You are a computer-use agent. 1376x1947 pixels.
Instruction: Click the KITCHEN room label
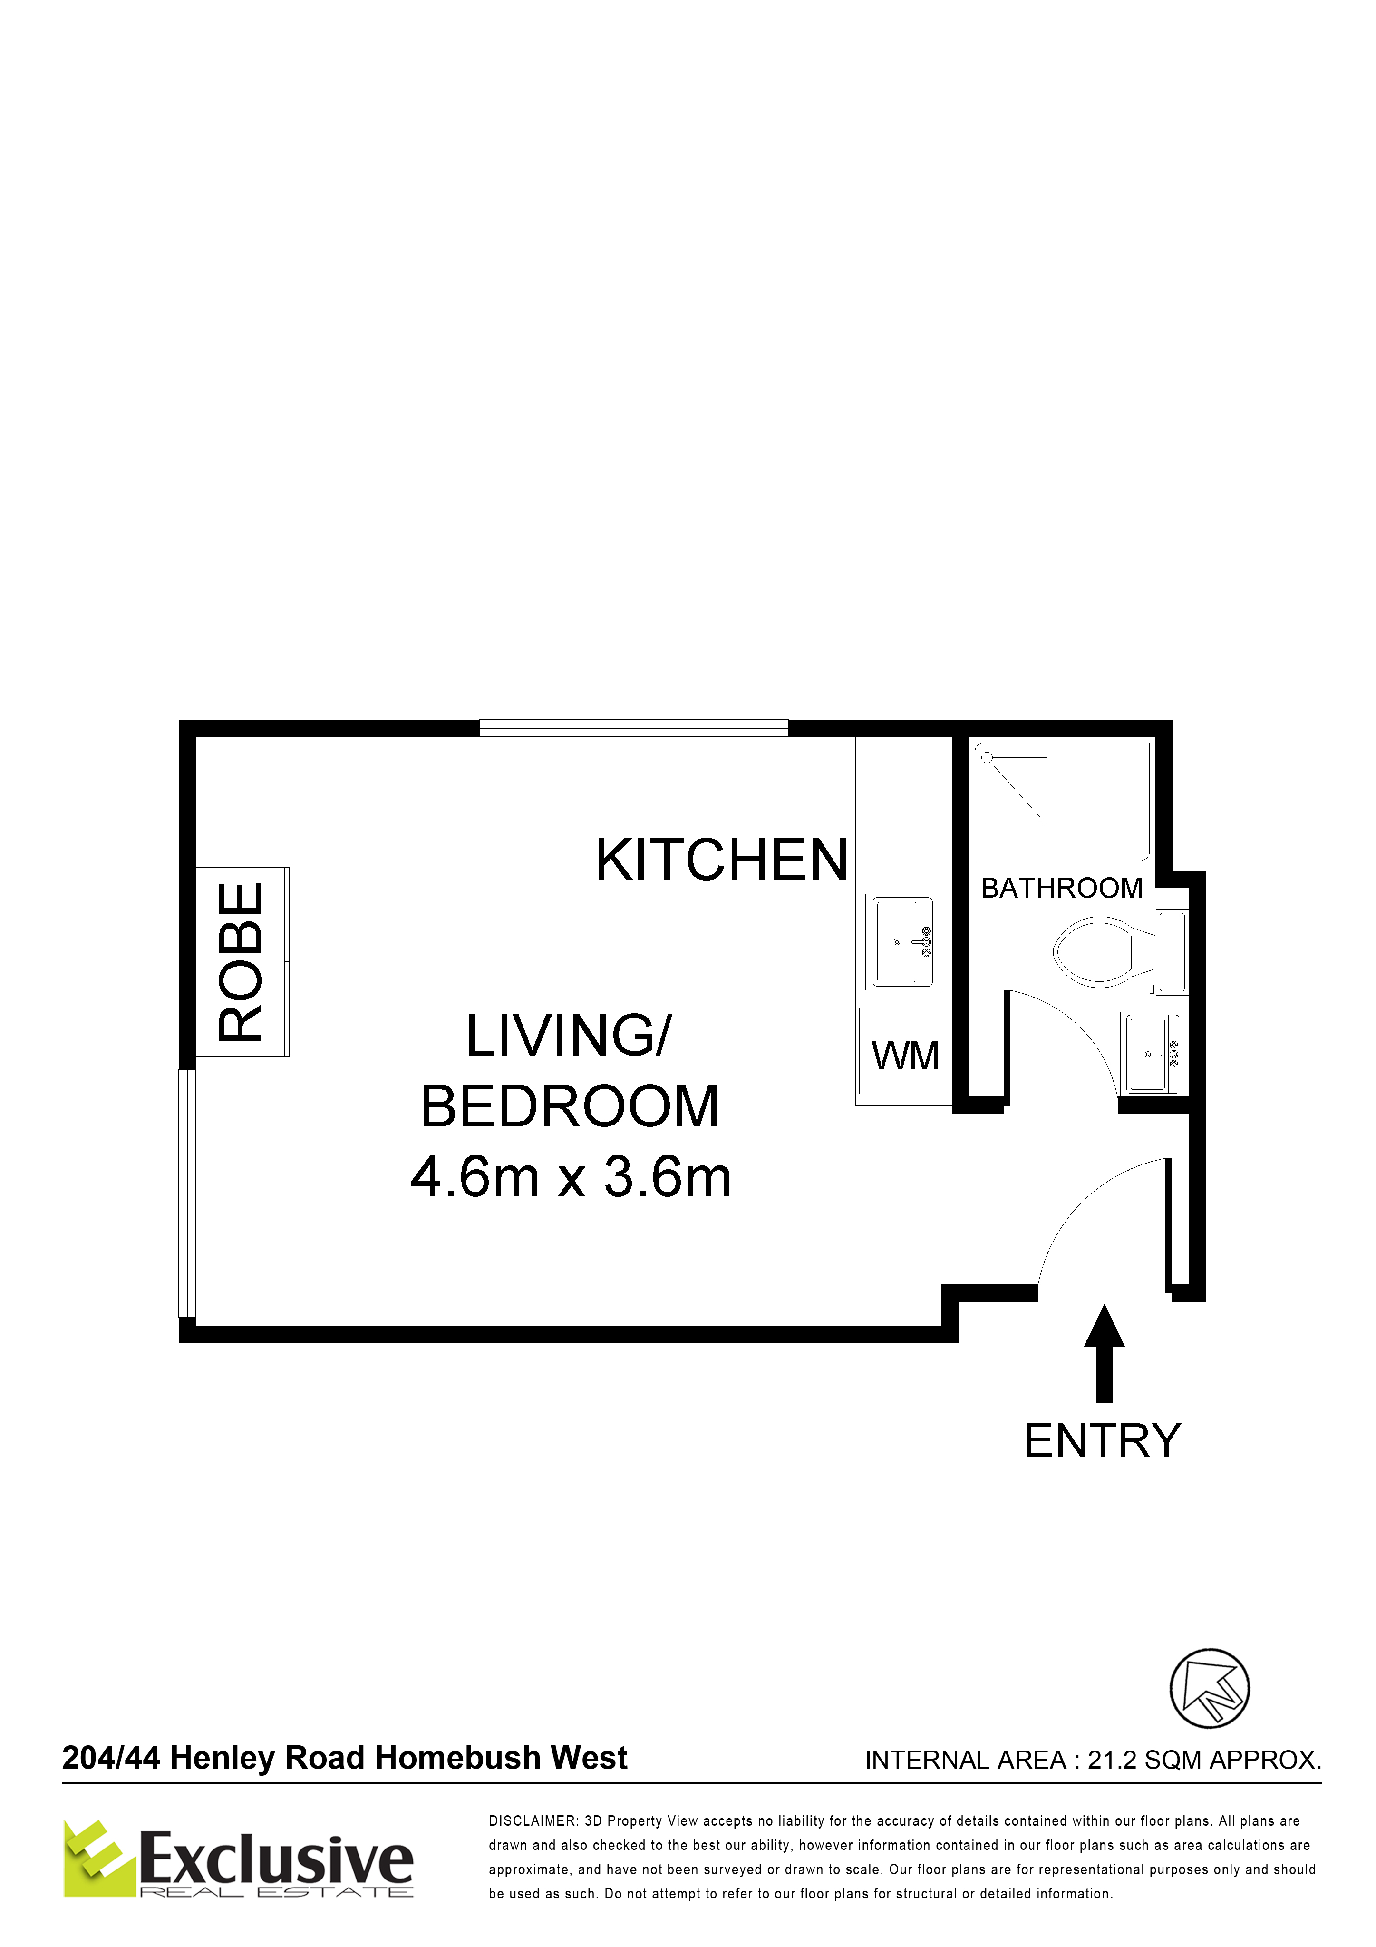pos(721,860)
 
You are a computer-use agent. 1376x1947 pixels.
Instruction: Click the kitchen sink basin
pos(904,941)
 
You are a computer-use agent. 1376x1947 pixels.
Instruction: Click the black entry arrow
pos(1104,1352)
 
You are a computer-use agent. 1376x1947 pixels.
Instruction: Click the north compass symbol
pos(1210,1688)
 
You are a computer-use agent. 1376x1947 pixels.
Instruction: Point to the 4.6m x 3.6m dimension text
pos(571,1178)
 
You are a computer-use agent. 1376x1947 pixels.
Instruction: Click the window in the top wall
pos(633,728)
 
